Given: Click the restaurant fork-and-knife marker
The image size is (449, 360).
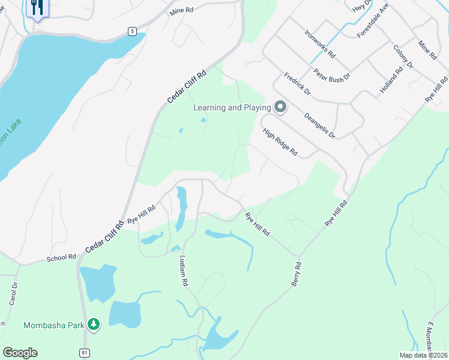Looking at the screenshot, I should pos(37,8).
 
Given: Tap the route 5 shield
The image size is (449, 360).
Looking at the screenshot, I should pos(132,31).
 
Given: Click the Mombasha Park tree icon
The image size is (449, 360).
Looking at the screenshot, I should pos(93,325).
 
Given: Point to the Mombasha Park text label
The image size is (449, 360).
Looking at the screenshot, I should pos(53,325).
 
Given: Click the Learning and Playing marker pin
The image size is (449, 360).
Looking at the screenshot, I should pos(280,107).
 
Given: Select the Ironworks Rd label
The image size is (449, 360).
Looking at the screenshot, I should pos(319,43).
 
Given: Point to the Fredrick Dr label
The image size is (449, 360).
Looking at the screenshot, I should pos(297,85).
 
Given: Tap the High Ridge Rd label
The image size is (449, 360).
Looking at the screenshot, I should pos(279,142).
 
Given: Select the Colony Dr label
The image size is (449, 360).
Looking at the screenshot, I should pos(403,56).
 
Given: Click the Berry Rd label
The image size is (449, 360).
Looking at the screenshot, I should pos(296,273).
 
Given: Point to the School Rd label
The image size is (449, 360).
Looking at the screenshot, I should pos(61,258).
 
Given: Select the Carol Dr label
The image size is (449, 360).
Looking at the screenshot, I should pos(13,294).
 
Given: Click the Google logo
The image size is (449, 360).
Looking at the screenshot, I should pos(20,352).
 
